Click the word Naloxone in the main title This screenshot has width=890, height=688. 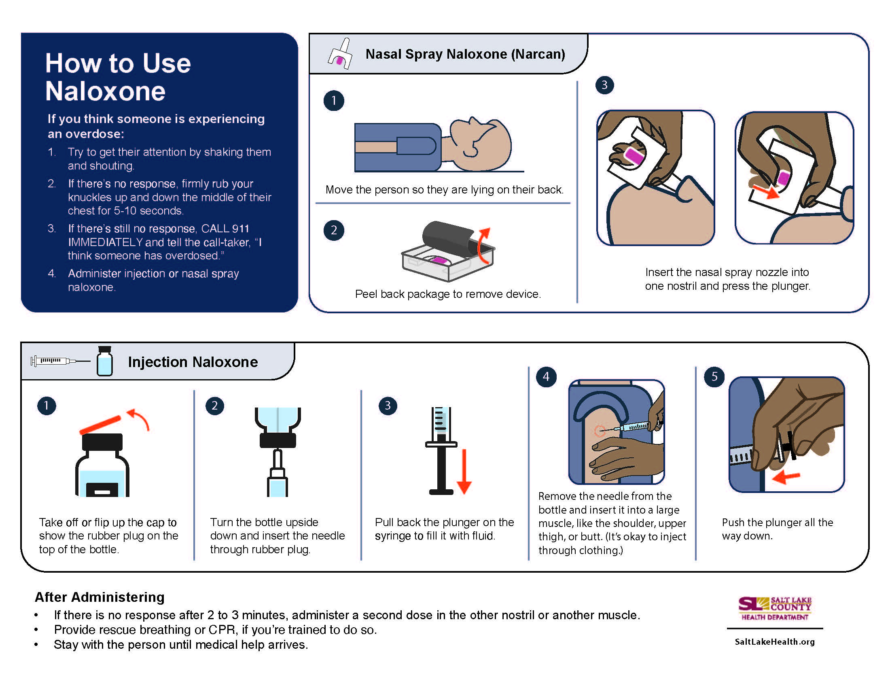tap(105, 91)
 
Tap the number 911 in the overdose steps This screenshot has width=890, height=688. tap(240, 228)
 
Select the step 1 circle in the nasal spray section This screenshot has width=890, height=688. tap(334, 101)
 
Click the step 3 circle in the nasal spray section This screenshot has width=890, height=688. tap(604, 85)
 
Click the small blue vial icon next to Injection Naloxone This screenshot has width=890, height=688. tap(105, 361)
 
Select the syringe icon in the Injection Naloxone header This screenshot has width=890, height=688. tap(59, 361)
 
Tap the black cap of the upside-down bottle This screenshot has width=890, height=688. tap(278, 440)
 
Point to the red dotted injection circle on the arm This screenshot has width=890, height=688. tap(600, 431)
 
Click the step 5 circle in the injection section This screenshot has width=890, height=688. tap(714, 377)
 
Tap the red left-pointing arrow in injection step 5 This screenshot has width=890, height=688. tap(786, 476)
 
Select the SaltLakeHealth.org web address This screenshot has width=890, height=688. tap(774, 642)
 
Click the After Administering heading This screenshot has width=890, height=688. tap(100, 597)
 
